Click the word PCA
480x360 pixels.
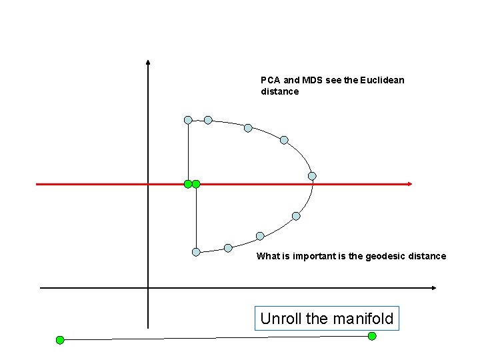coord(269,80)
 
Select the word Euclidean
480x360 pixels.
coord(382,80)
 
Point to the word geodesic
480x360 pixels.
coord(386,256)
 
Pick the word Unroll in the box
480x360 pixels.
coord(281,319)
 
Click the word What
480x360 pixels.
coord(268,256)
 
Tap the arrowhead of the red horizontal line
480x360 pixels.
coord(411,183)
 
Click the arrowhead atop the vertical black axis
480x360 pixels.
coord(148,63)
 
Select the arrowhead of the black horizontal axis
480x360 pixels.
coord(434,288)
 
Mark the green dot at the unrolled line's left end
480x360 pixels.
coord(60,340)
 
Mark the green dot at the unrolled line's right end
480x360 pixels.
coord(372,336)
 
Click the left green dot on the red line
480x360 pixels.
coord(188,183)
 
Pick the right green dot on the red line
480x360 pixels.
coord(196,183)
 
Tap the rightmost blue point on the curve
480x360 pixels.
coord(312,176)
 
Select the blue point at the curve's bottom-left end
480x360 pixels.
coord(196,252)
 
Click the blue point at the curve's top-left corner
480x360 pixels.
coord(188,120)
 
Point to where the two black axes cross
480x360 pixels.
coord(148,288)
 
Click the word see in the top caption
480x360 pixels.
coord(334,80)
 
